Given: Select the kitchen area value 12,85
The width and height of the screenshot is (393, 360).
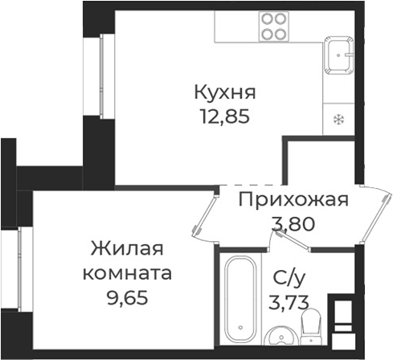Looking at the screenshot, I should click(227, 115).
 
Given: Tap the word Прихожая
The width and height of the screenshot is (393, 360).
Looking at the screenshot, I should click(293, 200).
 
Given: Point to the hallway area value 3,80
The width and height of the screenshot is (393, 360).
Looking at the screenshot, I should click(293, 225).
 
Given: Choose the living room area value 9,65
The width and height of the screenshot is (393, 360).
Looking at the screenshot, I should click(128, 297).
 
